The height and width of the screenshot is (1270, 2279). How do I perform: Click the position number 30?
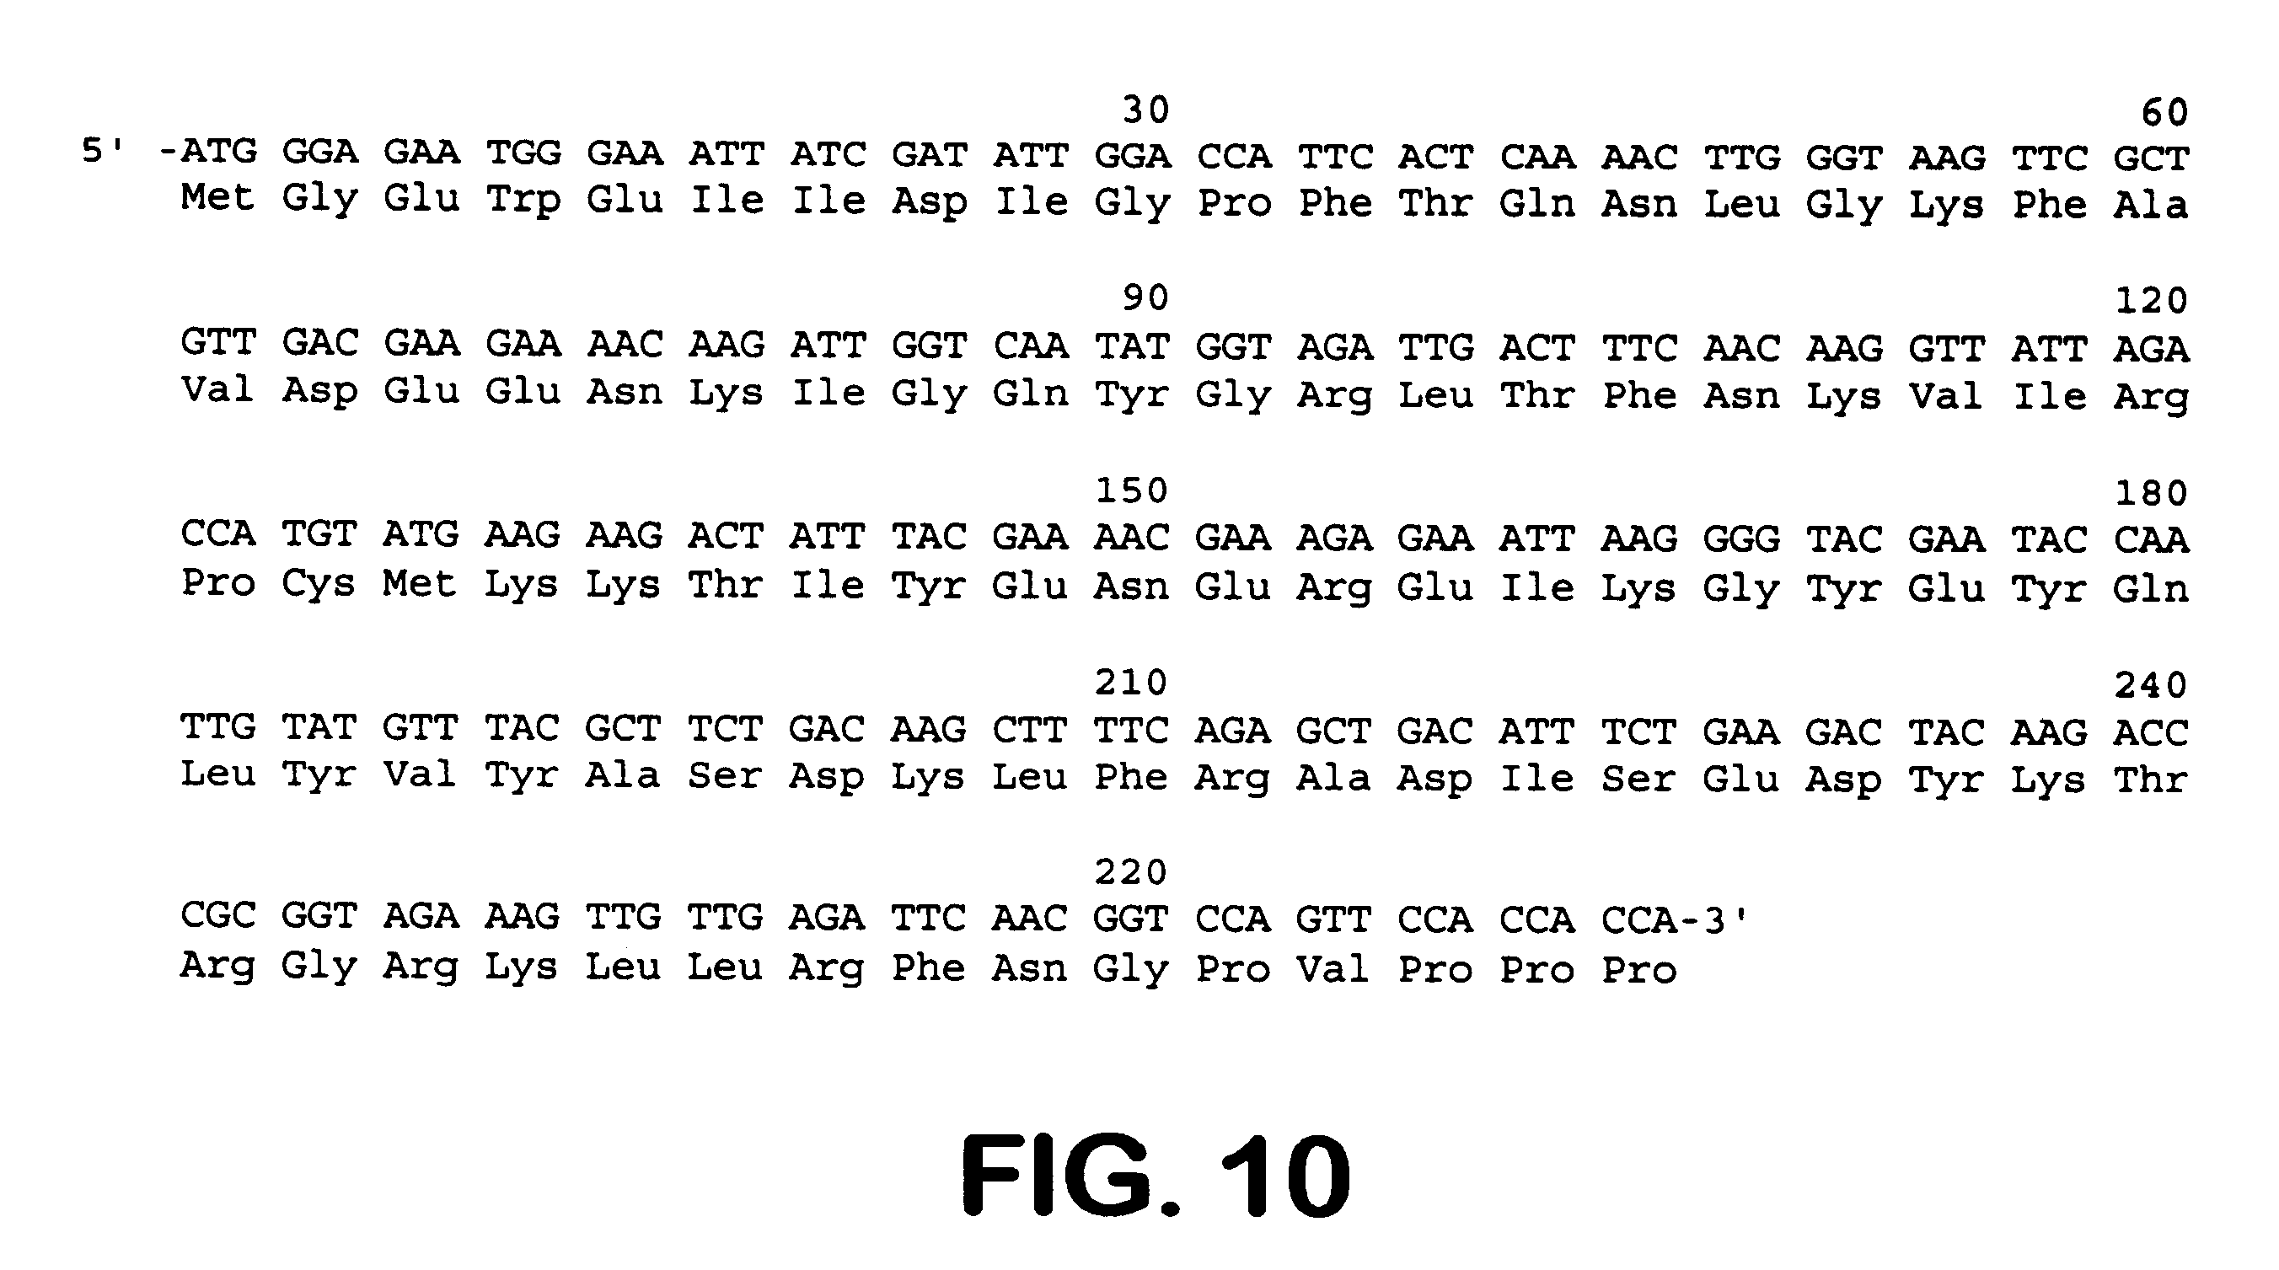(x=1145, y=110)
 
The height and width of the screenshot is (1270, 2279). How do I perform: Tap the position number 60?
(x=2164, y=113)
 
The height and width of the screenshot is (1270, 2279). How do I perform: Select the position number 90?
(x=1145, y=299)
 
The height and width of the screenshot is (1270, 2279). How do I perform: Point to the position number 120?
(x=2151, y=302)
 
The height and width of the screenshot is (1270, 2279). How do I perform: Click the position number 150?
(x=1132, y=490)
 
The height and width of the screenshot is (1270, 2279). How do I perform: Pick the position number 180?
(x=2151, y=494)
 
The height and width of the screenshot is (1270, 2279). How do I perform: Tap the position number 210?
(x=1132, y=683)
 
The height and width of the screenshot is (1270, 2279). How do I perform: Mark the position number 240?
(x=2151, y=685)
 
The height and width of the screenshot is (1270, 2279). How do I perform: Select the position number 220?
(x=1132, y=873)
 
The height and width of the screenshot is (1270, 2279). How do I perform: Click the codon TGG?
(x=523, y=153)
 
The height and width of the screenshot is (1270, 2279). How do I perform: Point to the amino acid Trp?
(x=523, y=201)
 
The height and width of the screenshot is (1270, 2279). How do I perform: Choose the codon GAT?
(x=929, y=155)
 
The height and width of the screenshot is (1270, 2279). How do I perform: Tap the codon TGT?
(x=319, y=534)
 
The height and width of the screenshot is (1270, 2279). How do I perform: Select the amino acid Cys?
(x=319, y=584)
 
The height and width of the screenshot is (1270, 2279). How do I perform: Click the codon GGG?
(x=1741, y=539)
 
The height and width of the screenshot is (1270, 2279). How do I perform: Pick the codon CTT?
(x=1030, y=731)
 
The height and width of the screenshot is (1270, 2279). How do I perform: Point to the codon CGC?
(x=217, y=915)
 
